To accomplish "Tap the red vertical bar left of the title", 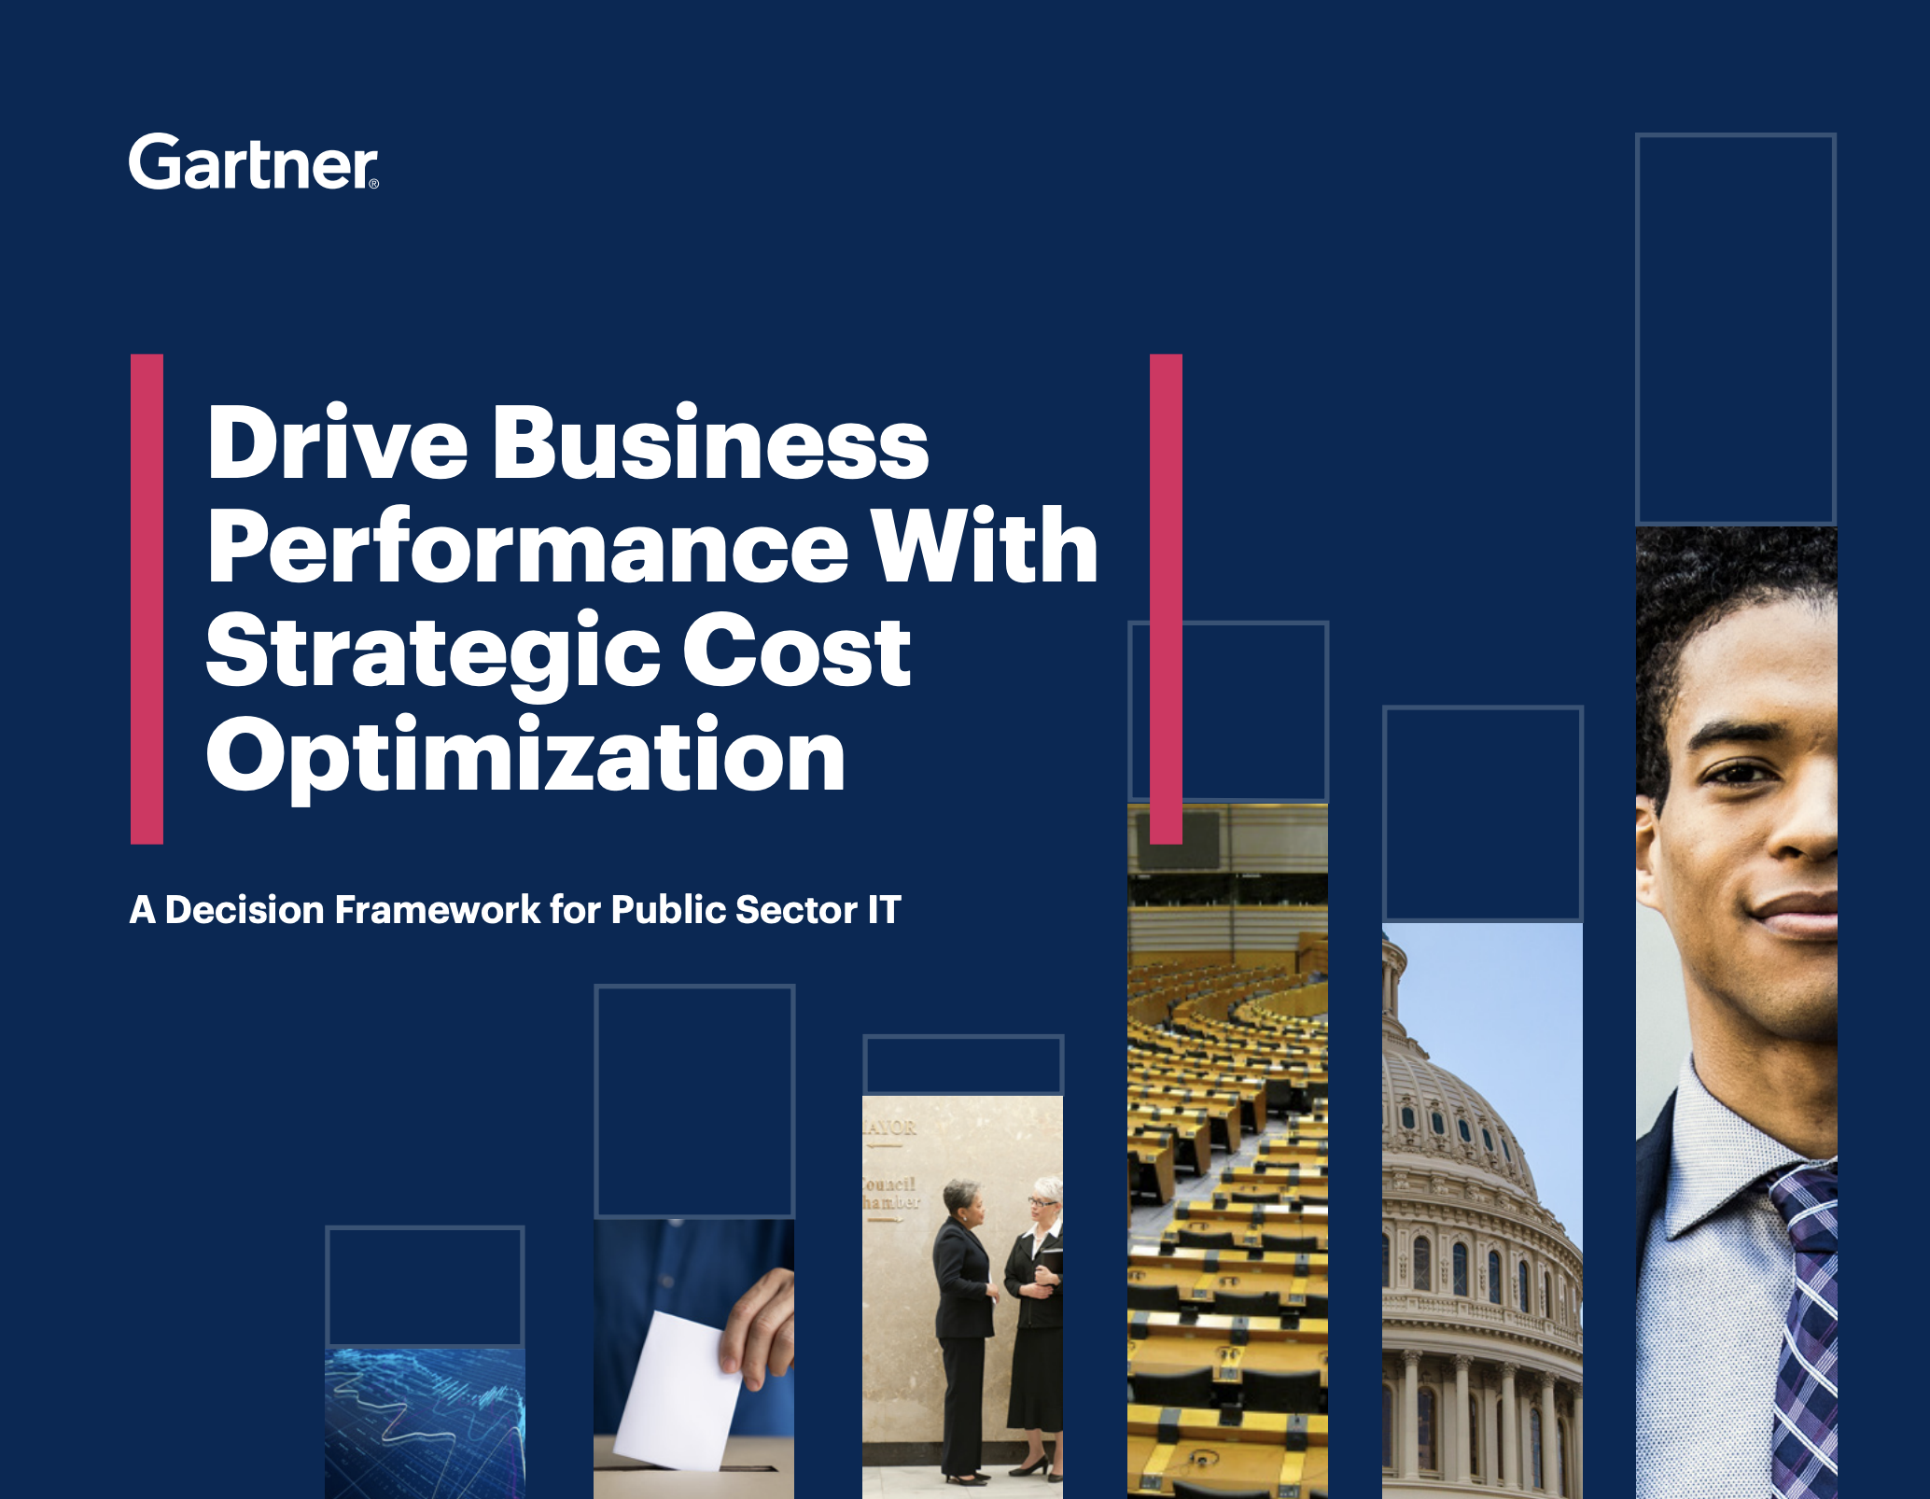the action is click(x=147, y=599).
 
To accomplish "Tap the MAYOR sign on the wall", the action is click(x=889, y=1128).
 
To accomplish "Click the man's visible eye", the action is click(x=1741, y=773).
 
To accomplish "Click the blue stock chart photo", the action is click(x=425, y=1423).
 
